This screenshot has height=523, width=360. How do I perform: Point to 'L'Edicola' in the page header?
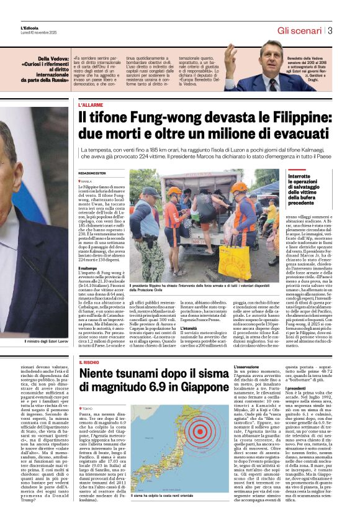(x=29, y=28)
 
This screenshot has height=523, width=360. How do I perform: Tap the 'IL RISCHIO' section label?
(x=89, y=362)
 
